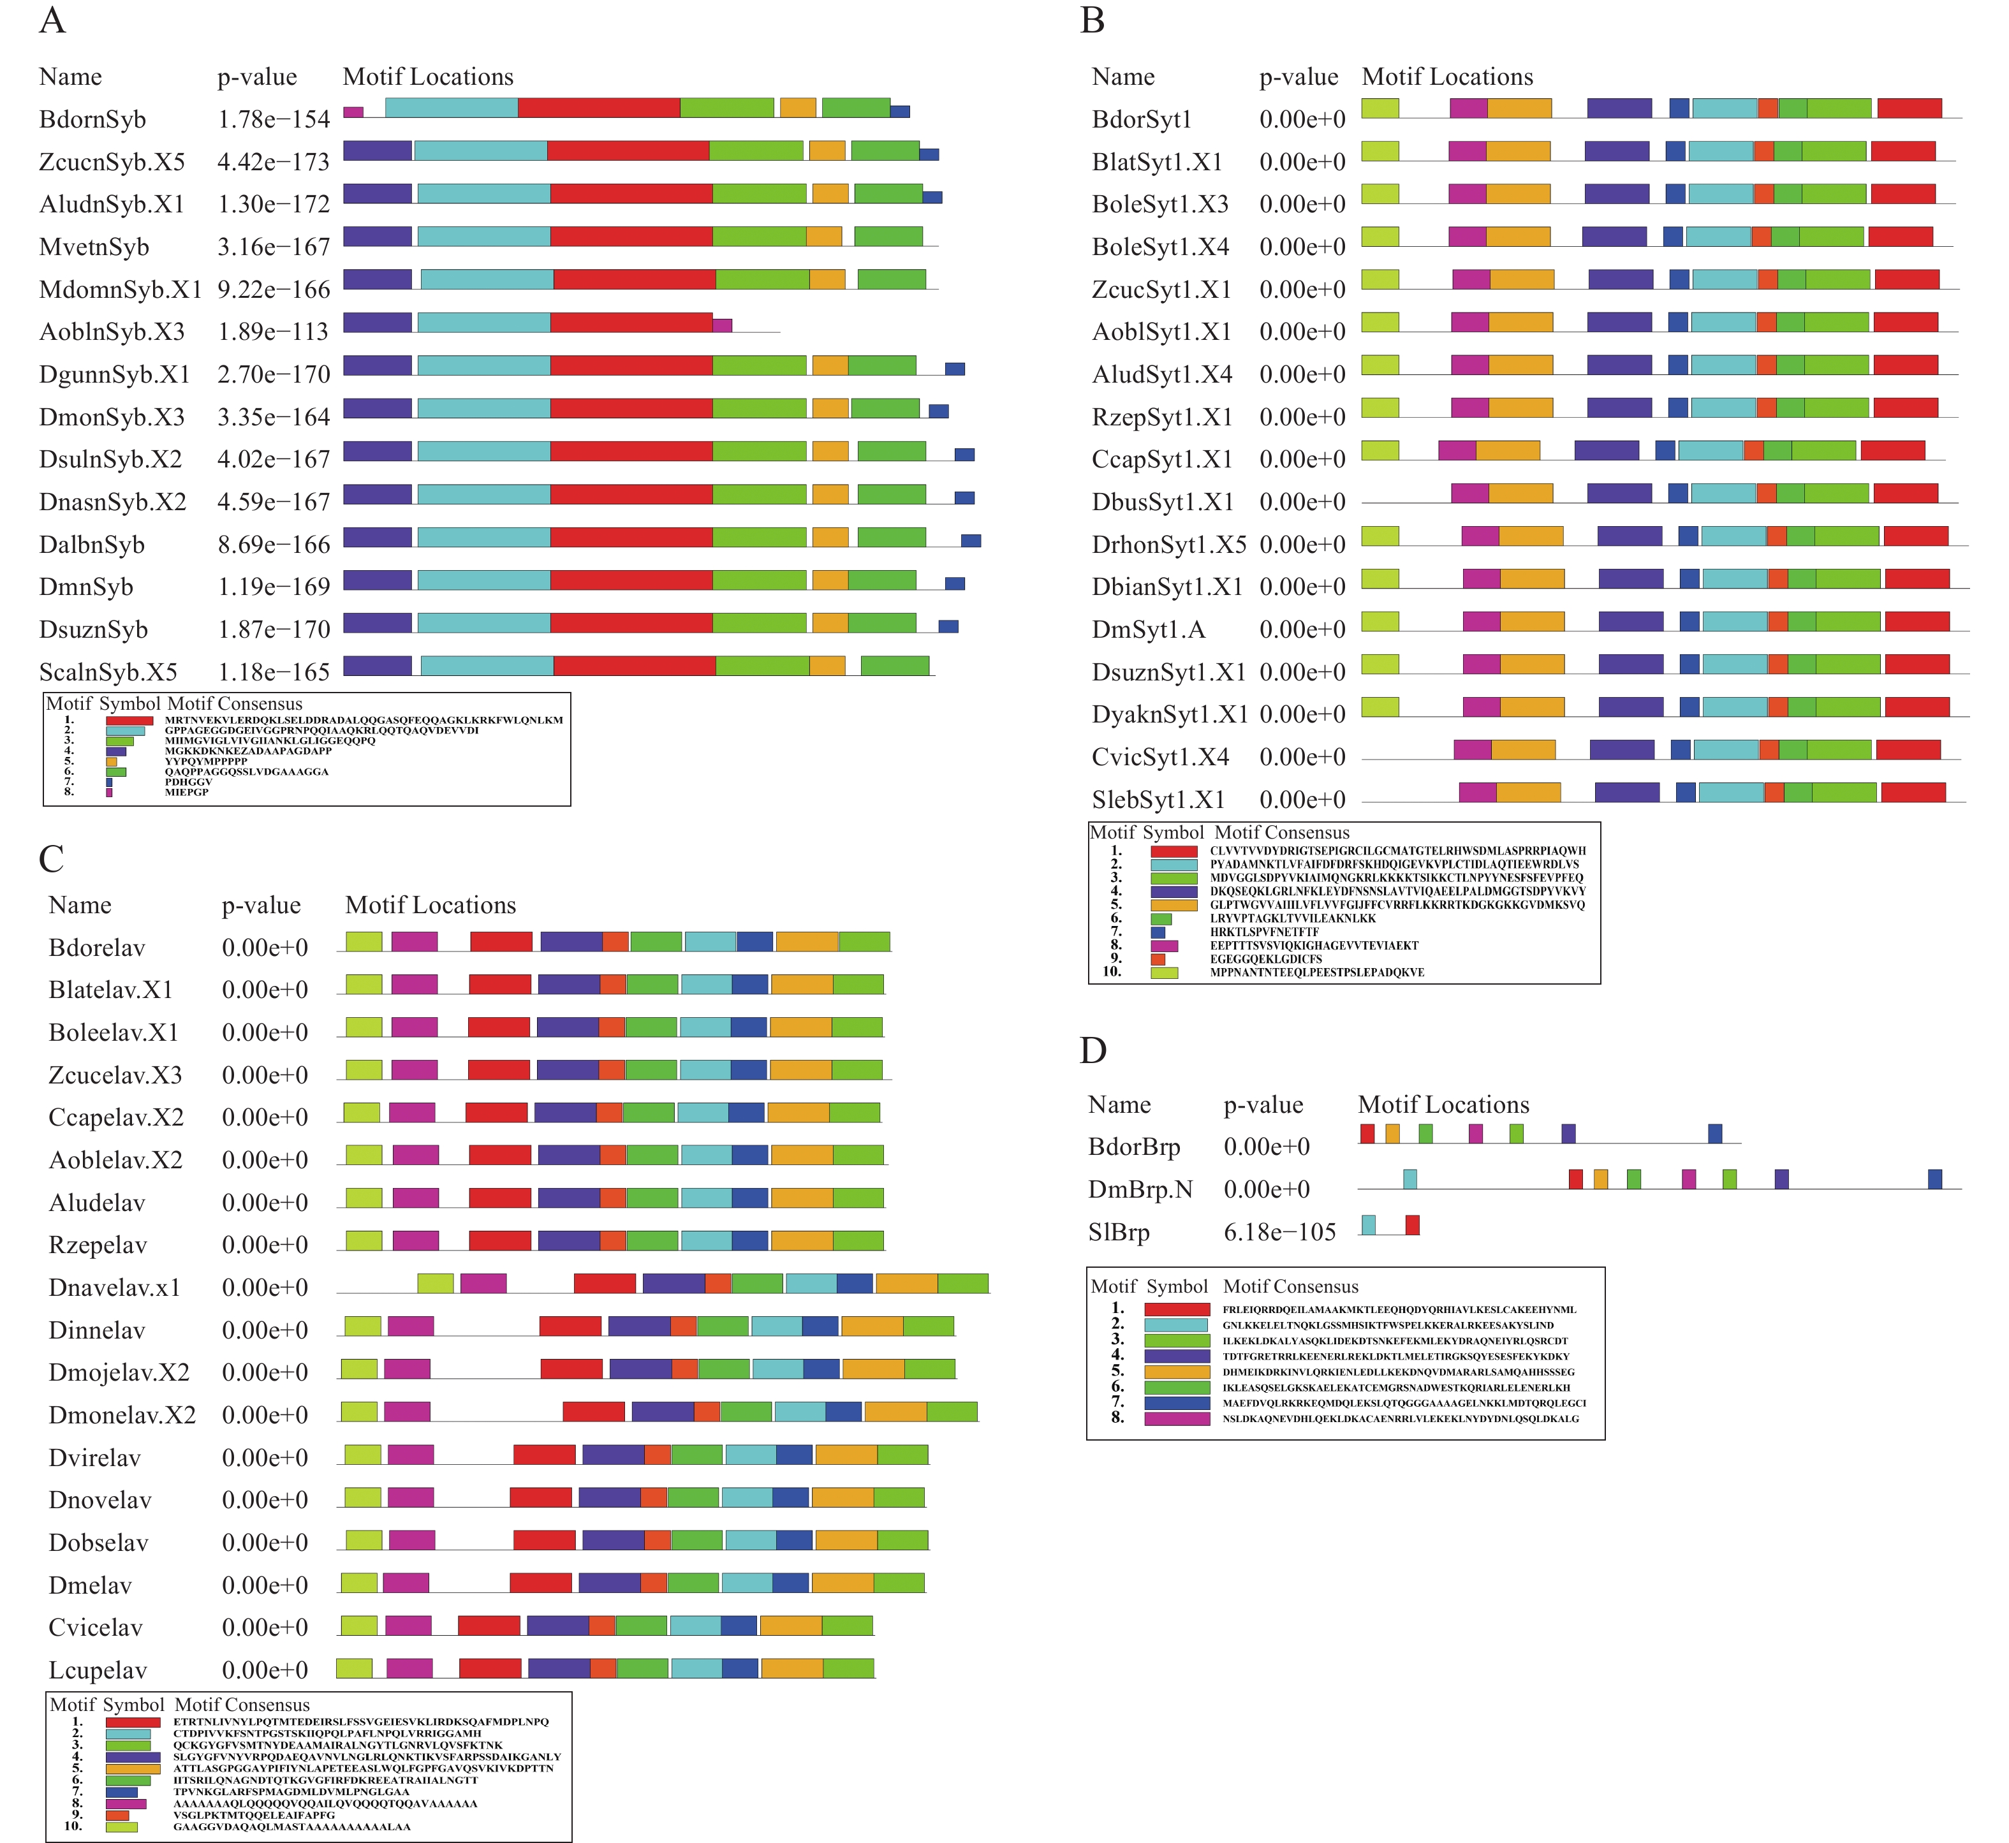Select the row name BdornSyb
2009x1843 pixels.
pos(92,120)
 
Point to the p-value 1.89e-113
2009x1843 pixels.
pos(274,332)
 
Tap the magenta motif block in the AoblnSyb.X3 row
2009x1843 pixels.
pos(722,325)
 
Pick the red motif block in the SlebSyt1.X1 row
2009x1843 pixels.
pos(1912,792)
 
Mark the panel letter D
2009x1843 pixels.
pos(1093,1051)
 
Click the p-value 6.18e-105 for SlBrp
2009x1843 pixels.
pos(1279,1233)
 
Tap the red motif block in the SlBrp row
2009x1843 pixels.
pos(1411,1224)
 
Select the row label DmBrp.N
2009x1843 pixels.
pos(1140,1190)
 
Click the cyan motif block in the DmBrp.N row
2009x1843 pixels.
pos(1409,1178)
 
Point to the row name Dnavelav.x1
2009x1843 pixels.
pos(115,1288)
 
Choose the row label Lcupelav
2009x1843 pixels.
pos(98,1670)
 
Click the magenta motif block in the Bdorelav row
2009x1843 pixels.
pos(414,941)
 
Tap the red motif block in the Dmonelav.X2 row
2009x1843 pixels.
pos(594,1411)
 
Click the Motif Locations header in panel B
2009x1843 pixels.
pos(1446,77)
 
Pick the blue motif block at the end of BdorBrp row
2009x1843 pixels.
pos(1715,1133)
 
